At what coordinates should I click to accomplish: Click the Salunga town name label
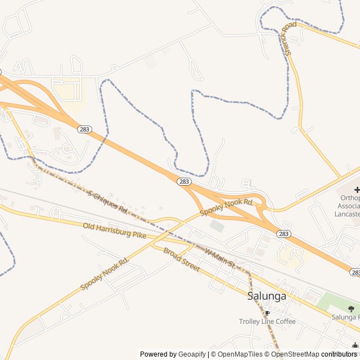click(x=267, y=296)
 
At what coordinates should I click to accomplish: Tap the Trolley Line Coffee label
click(x=267, y=322)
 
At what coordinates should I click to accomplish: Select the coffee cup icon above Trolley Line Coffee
click(x=267, y=313)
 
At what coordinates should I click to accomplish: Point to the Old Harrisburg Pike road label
click(x=114, y=230)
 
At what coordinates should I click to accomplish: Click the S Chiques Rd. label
click(x=108, y=201)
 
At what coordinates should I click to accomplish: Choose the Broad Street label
click(x=182, y=259)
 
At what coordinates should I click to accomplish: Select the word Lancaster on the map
click(x=347, y=214)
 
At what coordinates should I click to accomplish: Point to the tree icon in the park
click(x=352, y=308)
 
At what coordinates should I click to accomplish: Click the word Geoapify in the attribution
click(x=192, y=354)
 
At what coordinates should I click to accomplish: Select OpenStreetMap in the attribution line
click(x=295, y=354)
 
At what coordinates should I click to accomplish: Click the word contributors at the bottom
click(x=339, y=354)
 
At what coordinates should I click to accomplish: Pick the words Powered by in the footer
click(x=158, y=354)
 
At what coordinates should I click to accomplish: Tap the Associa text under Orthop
click(x=348, y=206)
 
